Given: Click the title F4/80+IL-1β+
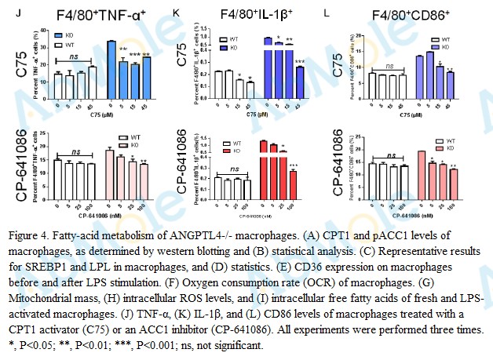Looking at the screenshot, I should coord(247,14).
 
